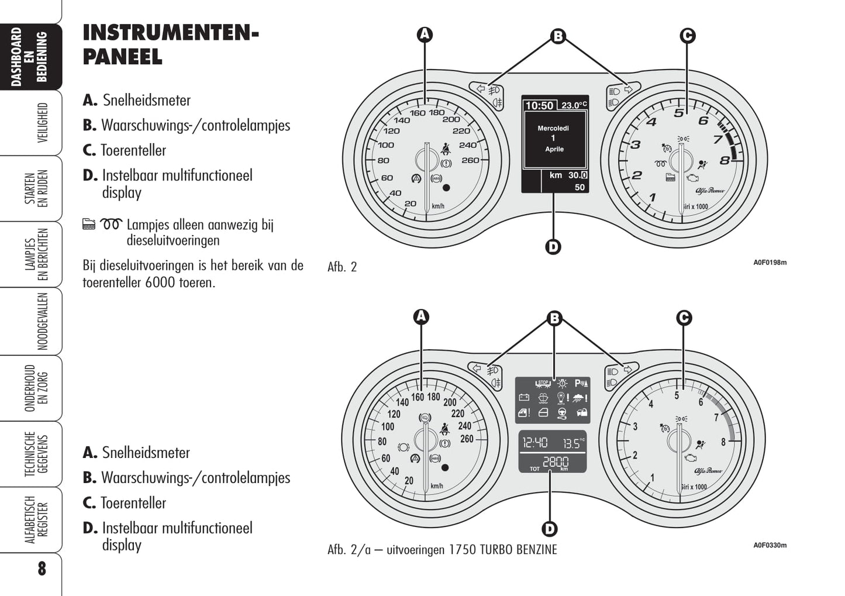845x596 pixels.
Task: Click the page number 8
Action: (x=42, y=569)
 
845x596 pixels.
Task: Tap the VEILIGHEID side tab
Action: (x=42, y=123)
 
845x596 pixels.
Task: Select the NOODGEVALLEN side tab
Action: (x=42, y=321)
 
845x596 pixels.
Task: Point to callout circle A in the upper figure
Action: (x=425, y=35)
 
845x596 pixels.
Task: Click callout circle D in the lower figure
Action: (x=549, y=529)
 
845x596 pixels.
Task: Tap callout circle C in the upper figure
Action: (x=688, y=36)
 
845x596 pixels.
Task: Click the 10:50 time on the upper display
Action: (x=539, y=106)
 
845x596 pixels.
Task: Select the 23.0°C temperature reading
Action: (x=573, y=106)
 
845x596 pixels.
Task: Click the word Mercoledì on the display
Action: (x=553, y=128)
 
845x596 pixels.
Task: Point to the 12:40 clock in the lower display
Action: (x=534, y=443)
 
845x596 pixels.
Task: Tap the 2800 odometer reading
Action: (x=555, y=462)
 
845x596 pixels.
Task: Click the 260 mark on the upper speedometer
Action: (x=470, y=160)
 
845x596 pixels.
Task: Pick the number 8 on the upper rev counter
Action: (x=725, y=160)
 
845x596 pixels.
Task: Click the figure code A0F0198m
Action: (x=770, y=263)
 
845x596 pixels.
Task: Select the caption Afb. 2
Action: (x=342, y=267)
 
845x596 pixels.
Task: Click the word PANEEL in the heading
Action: (x=122, y=57)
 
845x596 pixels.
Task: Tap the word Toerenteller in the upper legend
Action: (x=133, y=150)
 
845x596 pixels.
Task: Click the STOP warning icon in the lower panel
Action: (x=543, y=384)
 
